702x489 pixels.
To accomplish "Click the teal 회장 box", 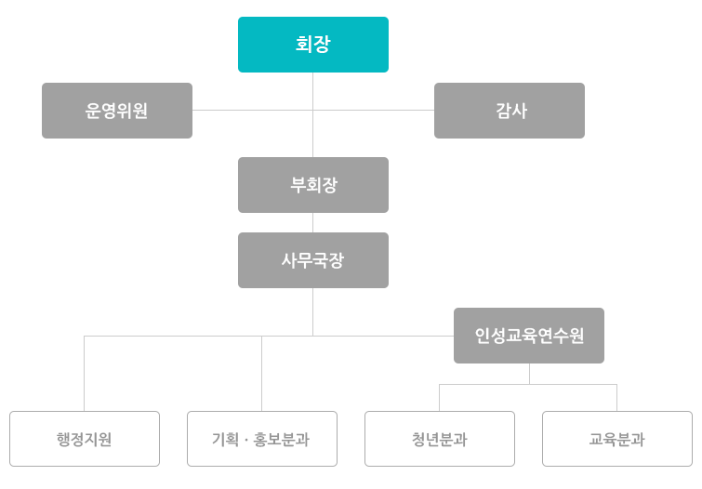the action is pos(313,45).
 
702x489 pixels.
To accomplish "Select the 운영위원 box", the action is pos(117,111).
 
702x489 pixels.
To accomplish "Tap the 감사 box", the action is pos(509,111).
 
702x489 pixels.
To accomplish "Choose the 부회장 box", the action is pos(313,185).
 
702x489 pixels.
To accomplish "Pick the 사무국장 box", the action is pos(313,260).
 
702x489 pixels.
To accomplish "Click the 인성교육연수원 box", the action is pos(529,336).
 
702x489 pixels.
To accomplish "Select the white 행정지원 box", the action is pos(85,439).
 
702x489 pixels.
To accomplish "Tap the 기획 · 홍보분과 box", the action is pos(262,439).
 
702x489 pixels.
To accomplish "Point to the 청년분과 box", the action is pos(440,439).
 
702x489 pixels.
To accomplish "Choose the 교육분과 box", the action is pos(617,439).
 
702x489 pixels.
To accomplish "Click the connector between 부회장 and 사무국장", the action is pos(313,222).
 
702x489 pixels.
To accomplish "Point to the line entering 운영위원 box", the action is pos(253,110).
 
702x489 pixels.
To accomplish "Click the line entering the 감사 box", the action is pos(374,110).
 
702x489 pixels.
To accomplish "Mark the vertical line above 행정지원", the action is pos(85,374).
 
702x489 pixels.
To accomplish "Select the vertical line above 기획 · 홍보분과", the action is pos(262,374).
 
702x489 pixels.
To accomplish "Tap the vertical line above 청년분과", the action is pos(439,398).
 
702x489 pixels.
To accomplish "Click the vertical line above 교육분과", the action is pos(617,398).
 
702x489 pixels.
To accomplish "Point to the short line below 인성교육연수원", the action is pos(529,374).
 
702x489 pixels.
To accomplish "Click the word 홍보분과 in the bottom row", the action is pos(282,440).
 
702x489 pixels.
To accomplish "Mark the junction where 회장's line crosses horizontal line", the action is pos(313,110).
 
